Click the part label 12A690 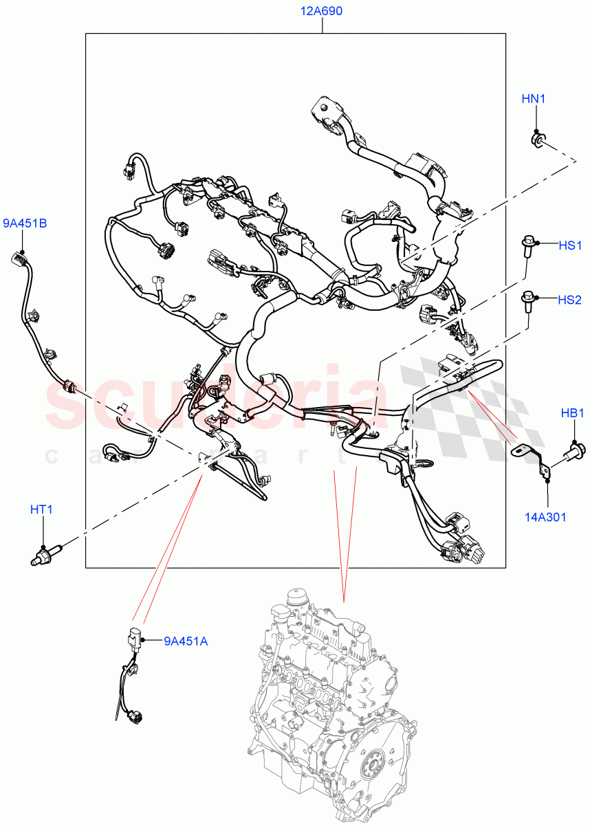point(321,11)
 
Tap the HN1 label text point(533,99)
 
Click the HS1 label point(569,245)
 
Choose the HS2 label point(569,300)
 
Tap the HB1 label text point(572,413)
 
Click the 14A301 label point(547,516)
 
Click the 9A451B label point(25,223)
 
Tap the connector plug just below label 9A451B point(20,261)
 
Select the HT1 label point(41,509)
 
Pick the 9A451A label point(185,641)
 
